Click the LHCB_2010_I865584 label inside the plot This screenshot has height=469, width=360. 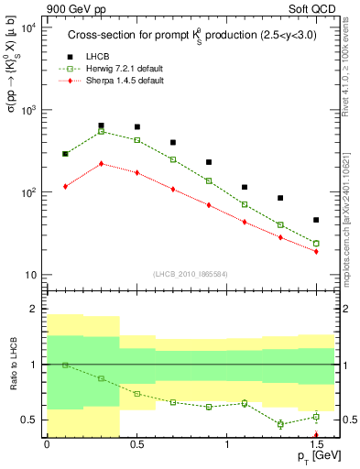click(189, 274)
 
